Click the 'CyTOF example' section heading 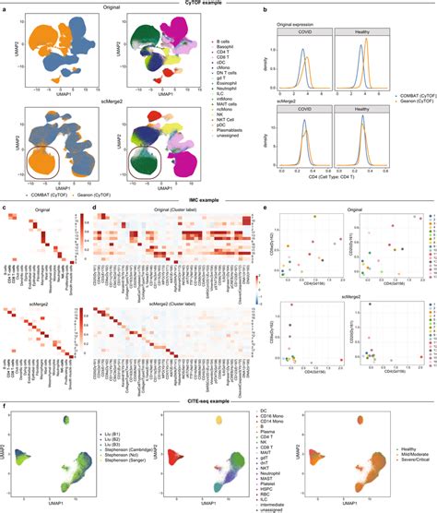coord(218,4)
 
